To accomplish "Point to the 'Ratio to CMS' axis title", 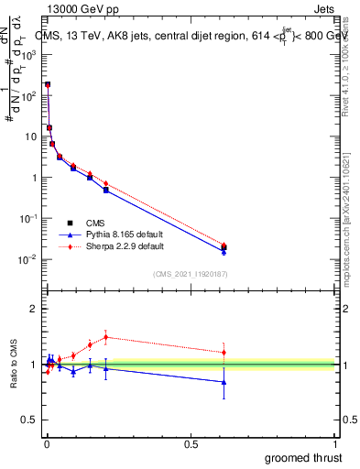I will coord(16,364).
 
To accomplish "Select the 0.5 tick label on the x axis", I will coord(191,442).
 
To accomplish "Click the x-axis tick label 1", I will coord(336,442).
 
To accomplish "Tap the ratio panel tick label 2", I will coord(34,309).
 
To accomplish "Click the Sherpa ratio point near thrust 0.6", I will coord(224,353).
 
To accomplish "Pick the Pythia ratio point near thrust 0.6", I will coord(224,382).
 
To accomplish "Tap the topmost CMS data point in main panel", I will coord(48,84).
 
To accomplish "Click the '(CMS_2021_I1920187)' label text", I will coord(191,274).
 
